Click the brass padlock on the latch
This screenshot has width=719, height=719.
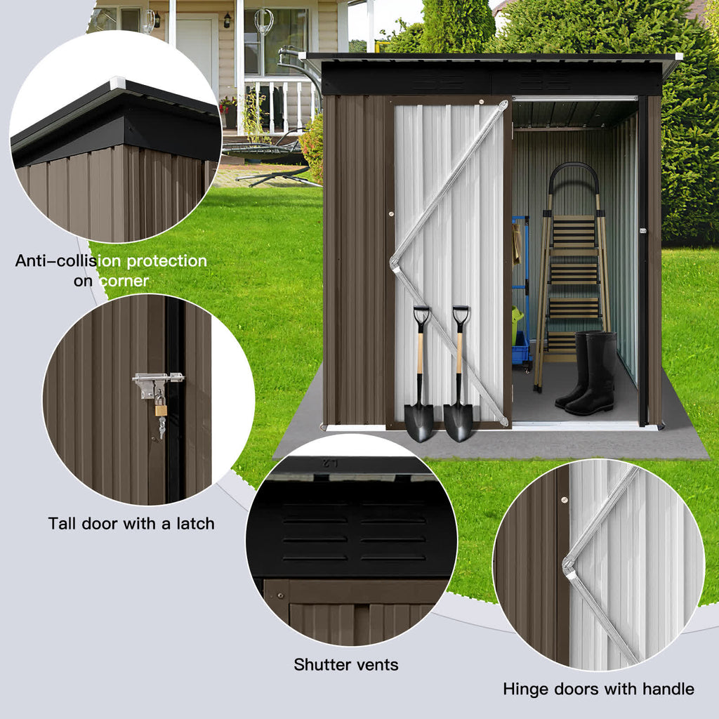coord(161,407)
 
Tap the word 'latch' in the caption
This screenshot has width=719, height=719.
coord(190,523)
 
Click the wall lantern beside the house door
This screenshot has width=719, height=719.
coord(227,20)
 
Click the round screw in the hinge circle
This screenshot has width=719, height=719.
coord(564,500)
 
